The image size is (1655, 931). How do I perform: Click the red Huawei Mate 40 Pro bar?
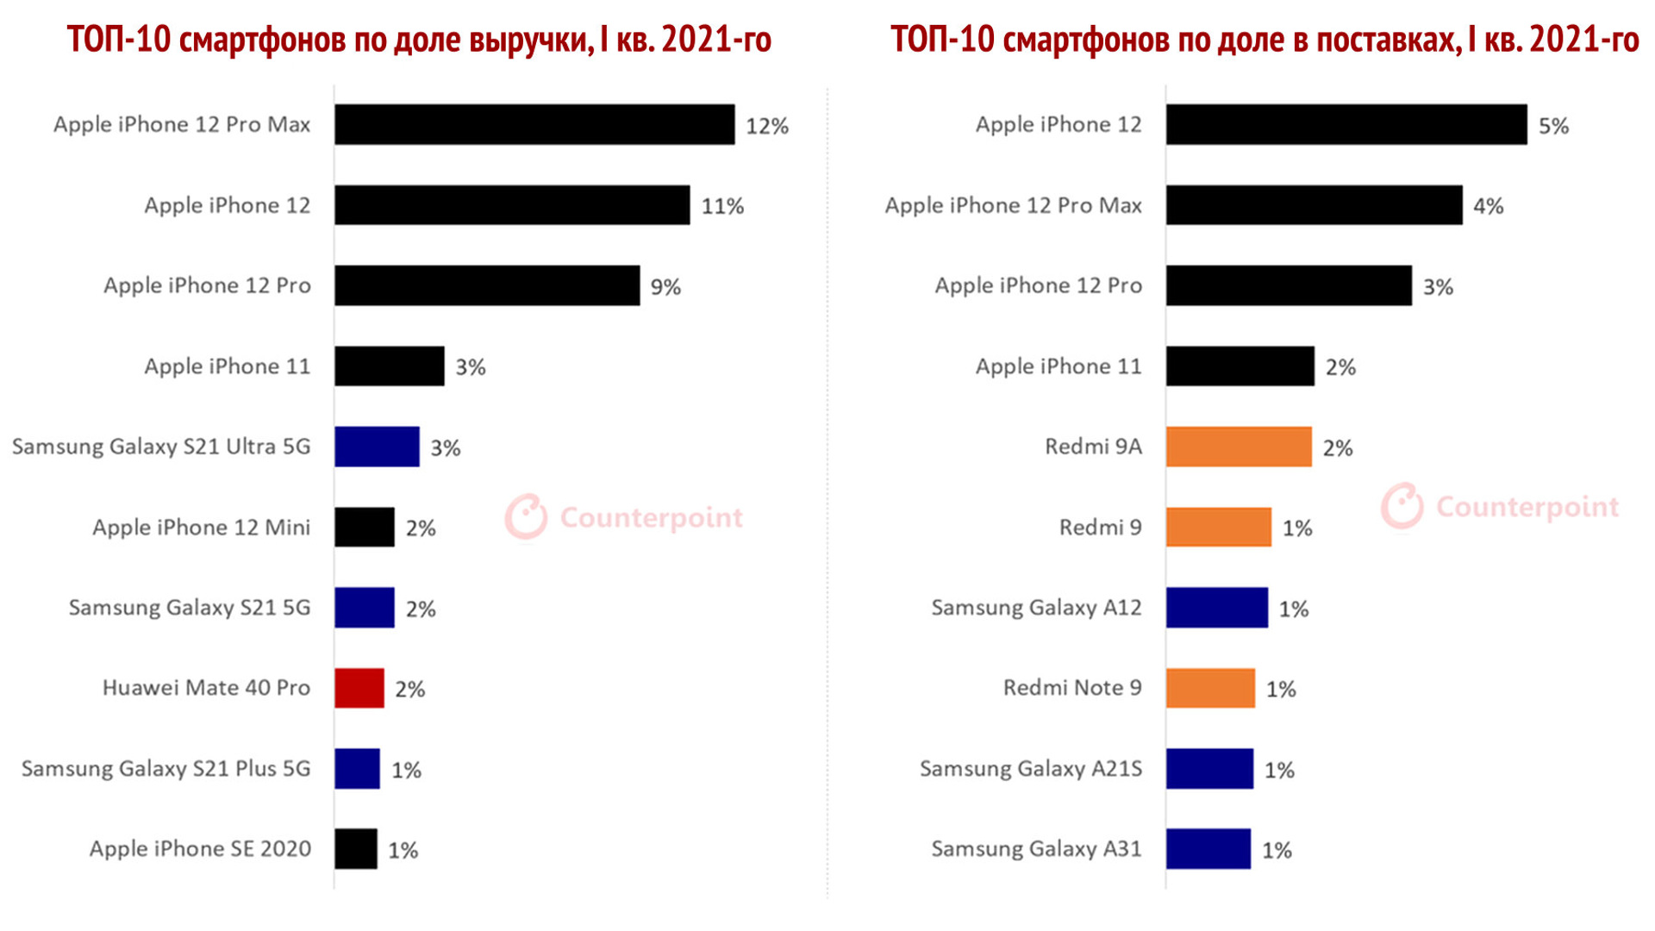pyautogui.click(x=359, y=688)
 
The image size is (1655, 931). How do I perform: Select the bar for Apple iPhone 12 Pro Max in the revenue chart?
pyautogui.click(x=534, y=125)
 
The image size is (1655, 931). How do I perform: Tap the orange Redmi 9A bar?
pyautogui.click(x=1239, y=447)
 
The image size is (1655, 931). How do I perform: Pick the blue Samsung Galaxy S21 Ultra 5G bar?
pyautogui.click(x=377, y=447)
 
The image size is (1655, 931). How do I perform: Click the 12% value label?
pyautogui.click(x=766, y=127)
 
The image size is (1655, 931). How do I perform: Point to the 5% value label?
pyautogui.click(x=1553, y=127)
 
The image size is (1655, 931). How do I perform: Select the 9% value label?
pyautogui.click(x=665, y=287)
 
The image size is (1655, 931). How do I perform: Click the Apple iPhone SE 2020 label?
pyautogui.click(x=200, y=849)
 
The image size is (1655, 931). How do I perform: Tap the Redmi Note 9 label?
pyautogui.click(x=1072, y=688)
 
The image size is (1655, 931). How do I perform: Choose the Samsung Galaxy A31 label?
pyautogui.click(x=1036, y=849)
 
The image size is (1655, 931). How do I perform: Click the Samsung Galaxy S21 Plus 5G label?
pyautogui.click(x=165, y=769)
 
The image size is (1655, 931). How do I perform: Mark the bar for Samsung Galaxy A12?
pyautogui.click(x=1217, y=608)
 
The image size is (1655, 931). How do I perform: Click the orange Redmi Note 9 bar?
pyautogui.click(x=1210, y=688)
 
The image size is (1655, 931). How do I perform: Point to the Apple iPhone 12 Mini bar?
pyautogui.click(x=365, y=528)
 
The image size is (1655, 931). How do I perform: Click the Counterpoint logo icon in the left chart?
pyautogui.click(x=526, y=516)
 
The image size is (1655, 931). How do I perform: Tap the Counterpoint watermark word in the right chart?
pyautogui.click(x=1527, y=507)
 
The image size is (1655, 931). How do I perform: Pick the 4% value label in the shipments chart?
pyautogui.click(x=1488, y=207)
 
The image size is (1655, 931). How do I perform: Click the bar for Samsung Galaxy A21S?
pyautogui.click(x=1209, y=769)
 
